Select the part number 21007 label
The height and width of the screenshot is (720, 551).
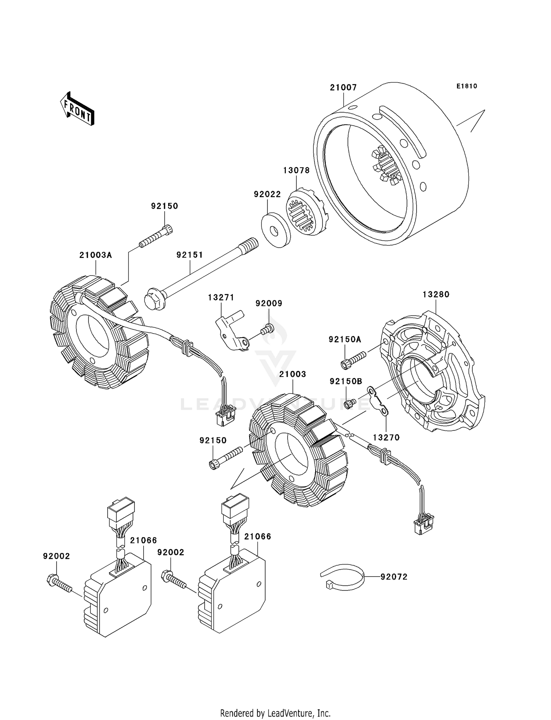pos(343,87)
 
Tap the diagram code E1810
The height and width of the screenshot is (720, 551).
pos(467,86)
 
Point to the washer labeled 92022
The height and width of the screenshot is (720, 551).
pos(275,231)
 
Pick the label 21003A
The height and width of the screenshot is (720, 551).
pos(96,255)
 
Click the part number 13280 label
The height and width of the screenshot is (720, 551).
pos(436,294)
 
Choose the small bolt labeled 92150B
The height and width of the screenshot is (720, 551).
pos(349,404)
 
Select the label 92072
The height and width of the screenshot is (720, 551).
pos(394,577)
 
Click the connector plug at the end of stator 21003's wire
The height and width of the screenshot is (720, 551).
pos(423,525)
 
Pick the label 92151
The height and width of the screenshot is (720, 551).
pos(190,255)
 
